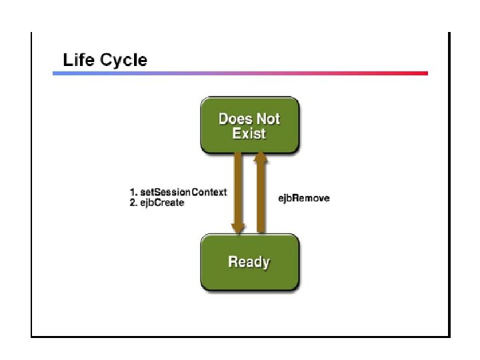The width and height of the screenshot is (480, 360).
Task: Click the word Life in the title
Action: click(x=78, y=60)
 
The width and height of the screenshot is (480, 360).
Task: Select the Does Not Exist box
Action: click(x=249, y=125)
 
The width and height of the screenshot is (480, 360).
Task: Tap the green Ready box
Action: click(x=249, y=262)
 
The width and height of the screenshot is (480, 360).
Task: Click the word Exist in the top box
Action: click(x=249, y=133)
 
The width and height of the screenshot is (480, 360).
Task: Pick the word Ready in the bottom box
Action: click(x=249, y=262)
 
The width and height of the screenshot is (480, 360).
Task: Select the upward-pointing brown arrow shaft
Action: click(x=261, y=197)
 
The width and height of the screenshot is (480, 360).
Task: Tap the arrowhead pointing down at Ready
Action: click(x=238, y=228)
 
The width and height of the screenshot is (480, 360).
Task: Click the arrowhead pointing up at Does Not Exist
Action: click(x=261, y=157)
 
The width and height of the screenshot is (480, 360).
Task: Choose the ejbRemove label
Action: click(x=303, y=198)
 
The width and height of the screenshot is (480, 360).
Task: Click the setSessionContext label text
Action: click(x=183, y=192)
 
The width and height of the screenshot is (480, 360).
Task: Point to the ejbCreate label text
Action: click(x=162, y=202)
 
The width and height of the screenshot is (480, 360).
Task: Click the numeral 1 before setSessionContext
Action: click(x=132, y=192)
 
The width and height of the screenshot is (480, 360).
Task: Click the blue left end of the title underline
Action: click(x=57, y=73)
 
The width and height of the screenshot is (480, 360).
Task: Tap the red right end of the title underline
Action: click(x=423, y=73)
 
